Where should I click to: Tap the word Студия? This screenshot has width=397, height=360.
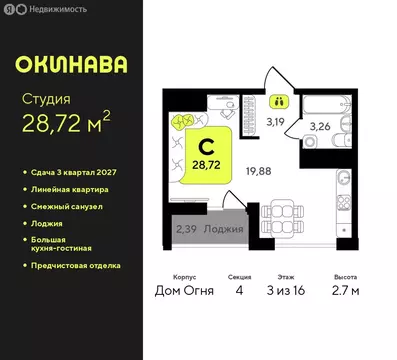coord(46,100)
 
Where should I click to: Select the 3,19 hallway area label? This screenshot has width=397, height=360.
coord(273,125)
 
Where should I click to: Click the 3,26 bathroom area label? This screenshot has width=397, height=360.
coord(321,127)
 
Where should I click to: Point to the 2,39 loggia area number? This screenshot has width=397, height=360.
coord(186,229)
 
